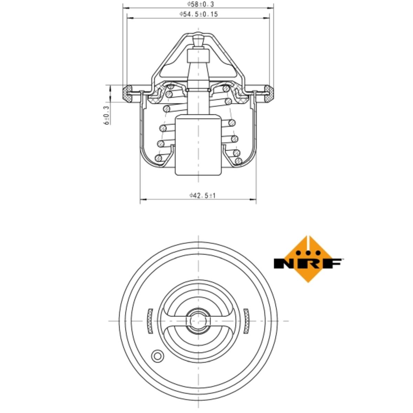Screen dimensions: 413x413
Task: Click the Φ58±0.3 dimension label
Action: (x=200, y=4)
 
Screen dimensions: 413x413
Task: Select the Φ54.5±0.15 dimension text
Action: (x=199, y=14)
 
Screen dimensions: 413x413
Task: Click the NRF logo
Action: (x=308, y=259)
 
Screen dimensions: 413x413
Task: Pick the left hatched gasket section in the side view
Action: (x=128, y=93)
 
